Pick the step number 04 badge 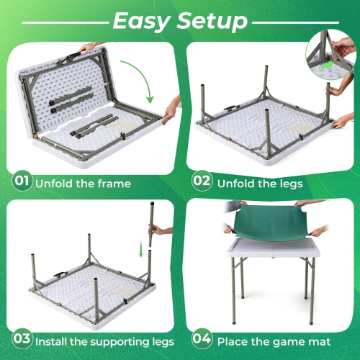(202, 339)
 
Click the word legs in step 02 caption (286, 184)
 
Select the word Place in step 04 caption (235, 340)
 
